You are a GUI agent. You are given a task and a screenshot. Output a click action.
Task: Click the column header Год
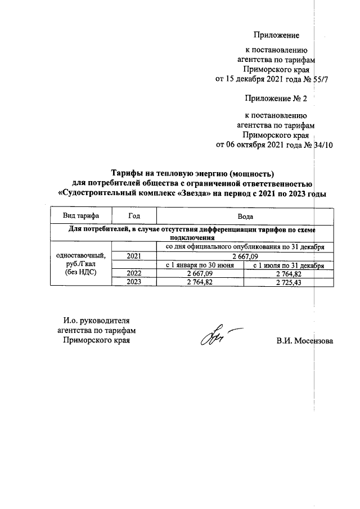(x=134, y=216)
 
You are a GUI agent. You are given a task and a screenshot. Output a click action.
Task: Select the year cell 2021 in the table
(x=134, y=256)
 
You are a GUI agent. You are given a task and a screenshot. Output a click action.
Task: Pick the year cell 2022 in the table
(x=134, y=273)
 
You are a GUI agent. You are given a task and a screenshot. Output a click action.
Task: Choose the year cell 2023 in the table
(x=134, y=282)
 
